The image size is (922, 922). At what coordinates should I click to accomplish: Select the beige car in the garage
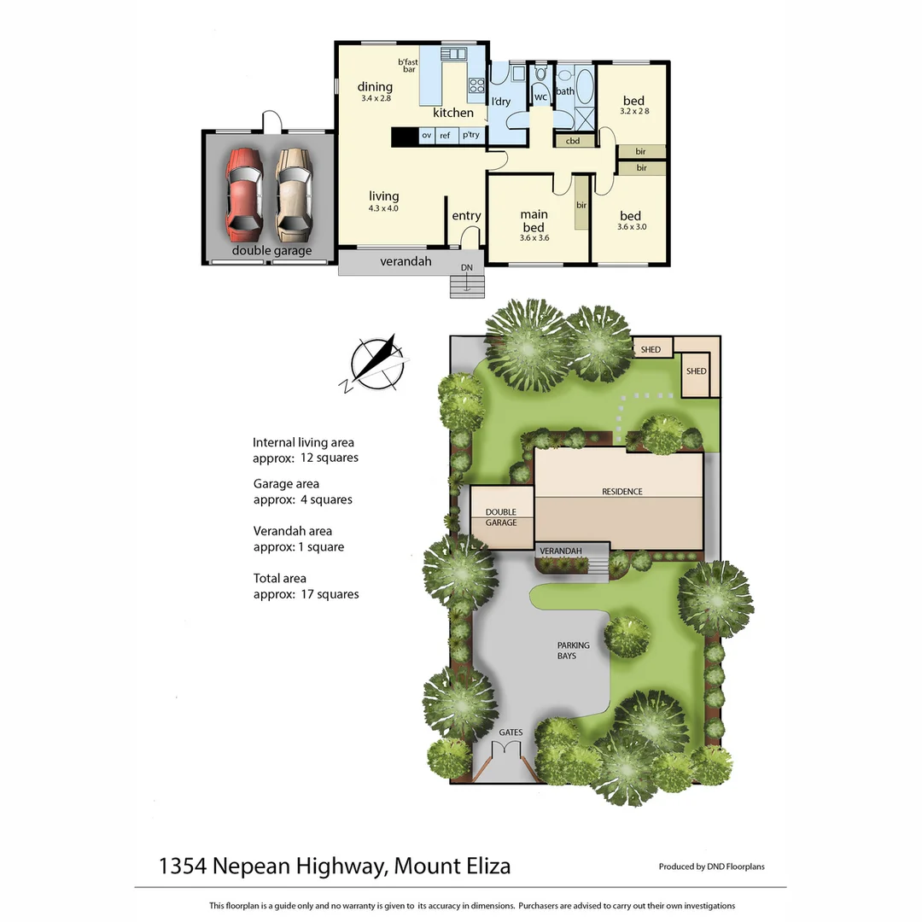click(293, 193)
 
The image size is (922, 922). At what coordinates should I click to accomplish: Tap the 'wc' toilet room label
click(540, 96)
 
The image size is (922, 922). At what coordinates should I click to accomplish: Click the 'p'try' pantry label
click(470, 135)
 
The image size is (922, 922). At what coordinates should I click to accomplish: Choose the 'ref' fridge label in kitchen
click(445, 135)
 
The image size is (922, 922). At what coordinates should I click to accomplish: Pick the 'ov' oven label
click(426, 135)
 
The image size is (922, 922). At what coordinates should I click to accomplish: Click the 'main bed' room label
click(534, 221)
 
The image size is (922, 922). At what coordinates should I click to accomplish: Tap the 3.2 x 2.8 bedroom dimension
click(633, 111)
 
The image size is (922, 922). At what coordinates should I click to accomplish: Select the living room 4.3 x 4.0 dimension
click(383, 208)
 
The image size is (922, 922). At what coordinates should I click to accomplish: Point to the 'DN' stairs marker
click(466, 268)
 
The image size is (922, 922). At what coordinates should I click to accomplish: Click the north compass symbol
click(375, 363)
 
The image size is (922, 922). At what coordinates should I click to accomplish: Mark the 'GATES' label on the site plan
click(511, 732)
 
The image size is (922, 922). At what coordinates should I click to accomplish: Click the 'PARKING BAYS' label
click(573, 651)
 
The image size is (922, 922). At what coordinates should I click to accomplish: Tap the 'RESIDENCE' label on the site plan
click(621, 492)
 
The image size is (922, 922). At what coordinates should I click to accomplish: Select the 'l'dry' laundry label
click(501, 102)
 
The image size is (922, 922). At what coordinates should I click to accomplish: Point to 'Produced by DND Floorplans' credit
click(711, 867)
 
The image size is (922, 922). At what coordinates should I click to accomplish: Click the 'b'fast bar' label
click(408, 65)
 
